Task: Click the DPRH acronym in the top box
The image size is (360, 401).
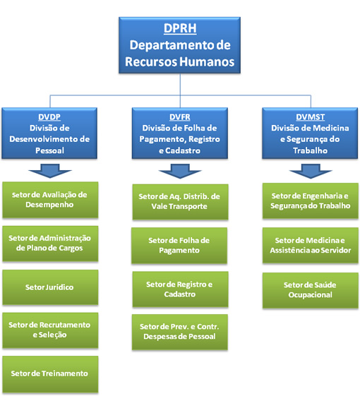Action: click(180, 28)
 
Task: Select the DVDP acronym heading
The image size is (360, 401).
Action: click(49, 117)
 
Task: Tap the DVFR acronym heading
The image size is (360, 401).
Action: click(180, 117)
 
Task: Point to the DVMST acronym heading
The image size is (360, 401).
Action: click(310, 117)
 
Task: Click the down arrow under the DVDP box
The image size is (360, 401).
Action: click(50, 171)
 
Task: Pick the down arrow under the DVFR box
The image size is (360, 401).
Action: click(180, 171)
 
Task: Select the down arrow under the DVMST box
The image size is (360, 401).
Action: click(311, 171)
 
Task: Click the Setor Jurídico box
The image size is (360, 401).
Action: click(50, 287)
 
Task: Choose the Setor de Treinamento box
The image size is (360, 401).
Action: click(50, 374)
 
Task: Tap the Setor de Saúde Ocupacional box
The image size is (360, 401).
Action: click(311, 290)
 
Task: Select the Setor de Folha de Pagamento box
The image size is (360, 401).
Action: click(179, 246)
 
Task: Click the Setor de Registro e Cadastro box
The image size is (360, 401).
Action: click(180, 289)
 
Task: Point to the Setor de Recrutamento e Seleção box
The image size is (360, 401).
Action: click(50, 330)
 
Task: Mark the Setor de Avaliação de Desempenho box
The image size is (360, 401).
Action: click(50, 200)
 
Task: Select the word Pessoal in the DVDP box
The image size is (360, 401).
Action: click(49, 150)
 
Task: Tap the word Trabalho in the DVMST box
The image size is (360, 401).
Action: click(310, 150)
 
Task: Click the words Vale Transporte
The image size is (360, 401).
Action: click(179, 206)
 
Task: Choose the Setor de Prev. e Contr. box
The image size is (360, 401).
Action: click(180, 332)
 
